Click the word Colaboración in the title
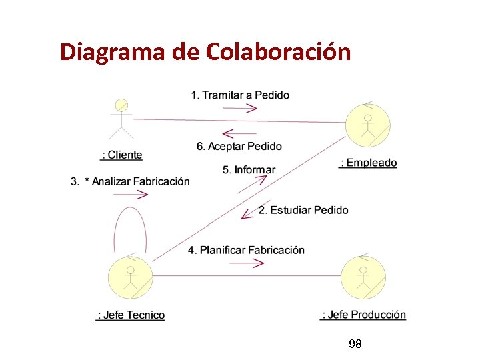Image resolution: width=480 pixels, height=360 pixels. (279, 51)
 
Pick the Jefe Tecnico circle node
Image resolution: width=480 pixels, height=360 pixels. (131, 278)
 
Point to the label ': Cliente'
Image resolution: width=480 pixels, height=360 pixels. (121, 155)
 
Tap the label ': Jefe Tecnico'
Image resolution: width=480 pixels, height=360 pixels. (131, 315)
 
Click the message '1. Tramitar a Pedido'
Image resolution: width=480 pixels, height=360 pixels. (240, 95)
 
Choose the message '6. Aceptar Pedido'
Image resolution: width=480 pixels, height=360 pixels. (239, 146)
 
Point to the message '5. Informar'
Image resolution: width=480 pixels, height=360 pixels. (249, 169)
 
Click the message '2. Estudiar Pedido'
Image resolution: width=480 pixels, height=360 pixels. (303, 210)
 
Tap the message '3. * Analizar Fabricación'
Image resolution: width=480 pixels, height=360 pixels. (130, 181)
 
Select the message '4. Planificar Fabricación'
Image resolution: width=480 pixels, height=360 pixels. (246, 250)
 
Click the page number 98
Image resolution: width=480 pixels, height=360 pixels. (355, 344)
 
